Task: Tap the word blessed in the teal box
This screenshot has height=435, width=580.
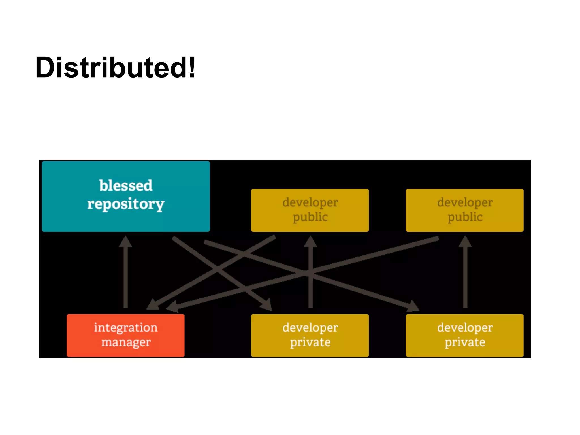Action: (x=126, y=186)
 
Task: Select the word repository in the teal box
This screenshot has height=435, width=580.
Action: (x=126, y=204)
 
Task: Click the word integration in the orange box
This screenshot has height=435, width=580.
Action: (x=126, y=328)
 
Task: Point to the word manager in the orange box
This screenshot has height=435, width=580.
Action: (x=126, y=342)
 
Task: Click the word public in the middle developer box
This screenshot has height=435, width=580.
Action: (x=310, y=217)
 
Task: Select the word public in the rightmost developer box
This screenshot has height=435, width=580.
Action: (x=465, y=217)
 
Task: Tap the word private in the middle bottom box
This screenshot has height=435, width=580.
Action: (x=310, y=342)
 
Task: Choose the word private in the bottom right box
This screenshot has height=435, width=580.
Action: (x=465, y=342)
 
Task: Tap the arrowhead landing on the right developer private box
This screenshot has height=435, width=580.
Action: (x=413, y=306)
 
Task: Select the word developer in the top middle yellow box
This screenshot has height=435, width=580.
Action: (x=310, y=202)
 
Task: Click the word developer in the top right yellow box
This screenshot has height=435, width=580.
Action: (x=465, y=202)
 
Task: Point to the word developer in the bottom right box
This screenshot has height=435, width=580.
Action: (x=465, y=328)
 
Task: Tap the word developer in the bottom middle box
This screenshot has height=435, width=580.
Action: (x=310, y=328)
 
